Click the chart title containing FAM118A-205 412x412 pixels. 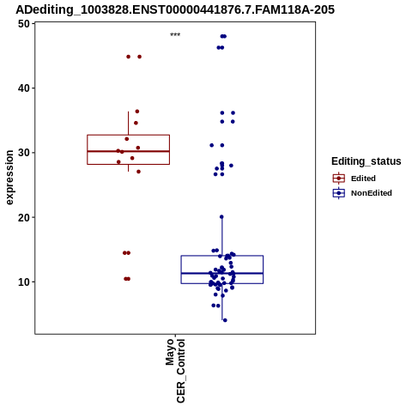coord(175,9)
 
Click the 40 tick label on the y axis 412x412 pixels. coord(24,88)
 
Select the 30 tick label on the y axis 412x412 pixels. coord(24,153)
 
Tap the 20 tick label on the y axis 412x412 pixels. coord(24,217)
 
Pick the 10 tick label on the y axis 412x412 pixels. coord(24,282)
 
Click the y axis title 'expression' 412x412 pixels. coord(9,178)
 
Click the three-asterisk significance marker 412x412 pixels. coord(175,35)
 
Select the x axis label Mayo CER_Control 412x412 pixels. coord(175,371)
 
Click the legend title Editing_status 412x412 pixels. coord(367,161)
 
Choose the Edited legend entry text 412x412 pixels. coord(363,179)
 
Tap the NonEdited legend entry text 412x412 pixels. coord(372,193)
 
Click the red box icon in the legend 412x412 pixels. coord(339,179)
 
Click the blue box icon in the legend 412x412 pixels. coord(339,193)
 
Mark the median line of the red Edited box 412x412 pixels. coord(129,151)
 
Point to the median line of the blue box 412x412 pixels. coord(222,273)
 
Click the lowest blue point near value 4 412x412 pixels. coord(225,320)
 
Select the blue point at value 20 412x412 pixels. coord(221,217)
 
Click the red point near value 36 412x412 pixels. coord(137,112)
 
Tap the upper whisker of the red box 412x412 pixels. coord(128,123)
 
